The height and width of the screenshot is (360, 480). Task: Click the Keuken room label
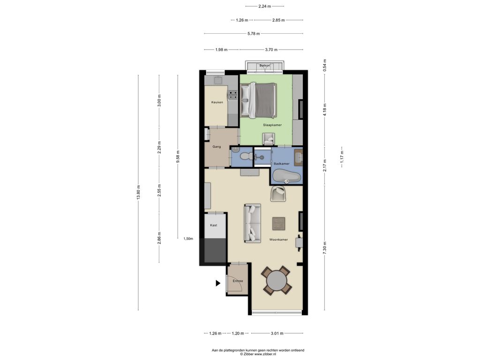(x=217, y=102)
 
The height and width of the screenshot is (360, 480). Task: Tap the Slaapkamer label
(x=272, y=125)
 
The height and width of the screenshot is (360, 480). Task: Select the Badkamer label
(x=281, y=164)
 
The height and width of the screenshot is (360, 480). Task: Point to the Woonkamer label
(x=278, y=240)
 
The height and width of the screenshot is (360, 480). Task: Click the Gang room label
(x=217, y=147)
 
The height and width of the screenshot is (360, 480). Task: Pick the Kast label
(x=214, y=225)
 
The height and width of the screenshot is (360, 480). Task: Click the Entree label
(x=238, y=281)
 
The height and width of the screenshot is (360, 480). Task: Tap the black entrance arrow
(x=218, y=283)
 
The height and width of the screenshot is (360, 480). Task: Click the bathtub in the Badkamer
(x=286, y=176)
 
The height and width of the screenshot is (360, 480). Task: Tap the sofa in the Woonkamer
(x=252, y=223)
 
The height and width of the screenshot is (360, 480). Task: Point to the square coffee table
(x=278, y=224)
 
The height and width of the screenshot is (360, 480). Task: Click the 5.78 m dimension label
(x=253, y=33)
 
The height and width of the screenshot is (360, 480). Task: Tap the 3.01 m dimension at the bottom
(x=277, y=333)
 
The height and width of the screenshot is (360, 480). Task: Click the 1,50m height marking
(x=188, y=239)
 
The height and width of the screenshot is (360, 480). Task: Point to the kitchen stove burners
(x=233, y=95)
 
